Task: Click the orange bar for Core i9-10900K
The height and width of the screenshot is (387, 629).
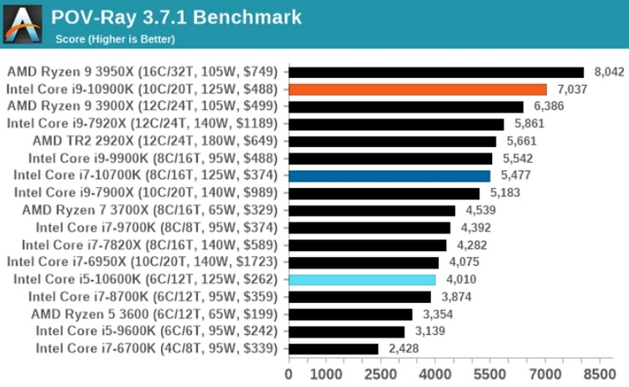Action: point(418,89)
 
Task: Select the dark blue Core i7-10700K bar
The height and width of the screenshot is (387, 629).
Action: point(389,175)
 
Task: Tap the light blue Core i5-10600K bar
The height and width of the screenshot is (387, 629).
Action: point(362,280)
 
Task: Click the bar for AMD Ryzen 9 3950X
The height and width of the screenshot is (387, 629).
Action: point(436,71)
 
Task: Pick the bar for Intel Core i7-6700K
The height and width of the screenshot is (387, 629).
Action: point(334,348)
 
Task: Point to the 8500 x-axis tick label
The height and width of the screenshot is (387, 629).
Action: point(599,372)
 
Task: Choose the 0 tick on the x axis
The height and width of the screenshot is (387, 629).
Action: point(289,372)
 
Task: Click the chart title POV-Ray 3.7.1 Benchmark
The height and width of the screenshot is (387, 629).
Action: point(176,17)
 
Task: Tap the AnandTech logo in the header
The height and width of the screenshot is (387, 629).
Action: point(23,24)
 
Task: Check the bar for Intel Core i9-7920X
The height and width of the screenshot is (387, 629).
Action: point(396,123)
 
